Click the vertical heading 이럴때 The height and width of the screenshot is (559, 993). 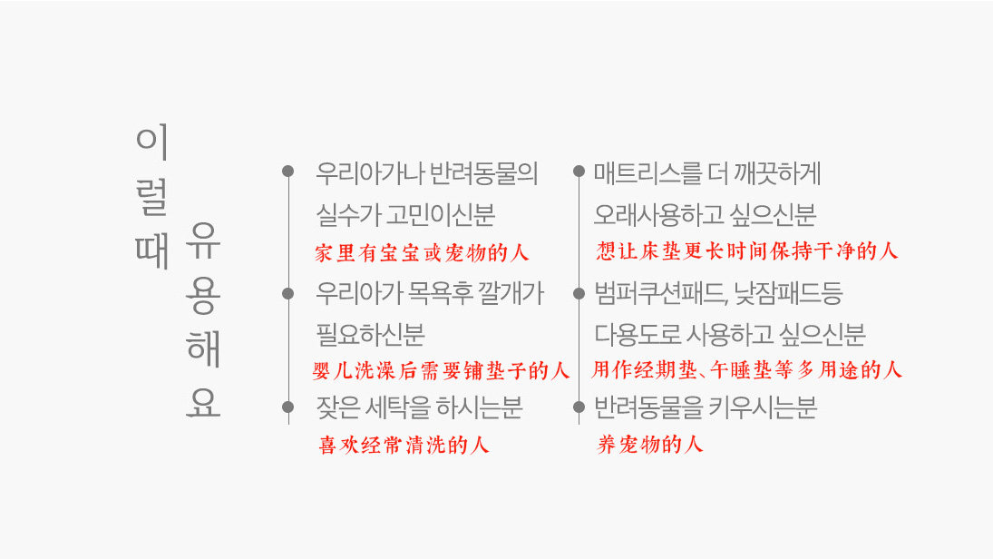151,197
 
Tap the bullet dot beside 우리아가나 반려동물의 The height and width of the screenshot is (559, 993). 288,171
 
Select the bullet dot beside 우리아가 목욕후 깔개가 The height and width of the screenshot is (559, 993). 288,292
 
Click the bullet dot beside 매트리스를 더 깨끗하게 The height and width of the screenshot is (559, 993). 579,171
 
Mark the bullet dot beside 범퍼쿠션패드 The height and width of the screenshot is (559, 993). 579,292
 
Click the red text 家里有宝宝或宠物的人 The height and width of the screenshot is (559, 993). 422,253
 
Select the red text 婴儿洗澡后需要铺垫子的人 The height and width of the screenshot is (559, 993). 441,370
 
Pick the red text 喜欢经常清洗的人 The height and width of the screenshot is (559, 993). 404,446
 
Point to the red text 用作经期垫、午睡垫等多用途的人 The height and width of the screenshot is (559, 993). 747,370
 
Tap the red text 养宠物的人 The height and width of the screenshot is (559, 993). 650,445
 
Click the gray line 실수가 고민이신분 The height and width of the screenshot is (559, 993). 405,215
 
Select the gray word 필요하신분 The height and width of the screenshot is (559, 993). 370,335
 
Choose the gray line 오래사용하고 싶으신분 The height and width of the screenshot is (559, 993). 705,215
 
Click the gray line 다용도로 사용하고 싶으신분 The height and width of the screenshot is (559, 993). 729,335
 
